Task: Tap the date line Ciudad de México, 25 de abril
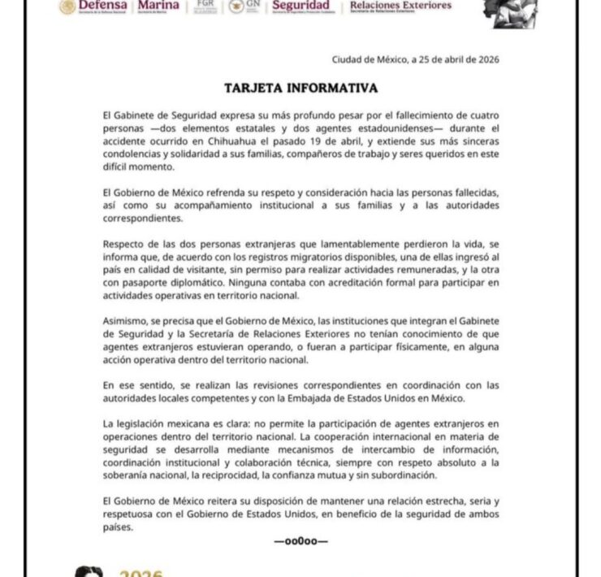(x=415, y=59)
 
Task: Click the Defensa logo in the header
(x=93, y=7)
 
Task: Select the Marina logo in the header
(x=153, y=7)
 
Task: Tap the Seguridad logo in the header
(x=300, y=7)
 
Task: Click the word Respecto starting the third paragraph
(x=126, y=245)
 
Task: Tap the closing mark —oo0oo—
(x=300, y=540)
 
